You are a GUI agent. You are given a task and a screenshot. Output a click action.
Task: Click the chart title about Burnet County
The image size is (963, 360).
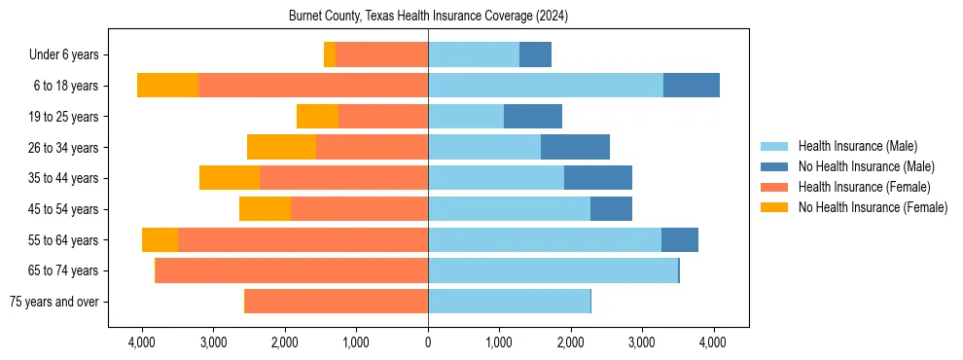coord(428,17)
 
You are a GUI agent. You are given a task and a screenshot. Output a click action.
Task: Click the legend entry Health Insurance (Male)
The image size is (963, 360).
coord(857,146)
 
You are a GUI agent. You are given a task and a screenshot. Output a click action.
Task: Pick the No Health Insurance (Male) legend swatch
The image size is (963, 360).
coord(775,166)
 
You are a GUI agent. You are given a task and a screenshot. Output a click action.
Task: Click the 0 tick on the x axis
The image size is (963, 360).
coord(428,342)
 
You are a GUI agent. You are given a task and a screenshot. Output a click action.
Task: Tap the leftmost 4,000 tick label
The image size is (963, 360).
coord(142,342)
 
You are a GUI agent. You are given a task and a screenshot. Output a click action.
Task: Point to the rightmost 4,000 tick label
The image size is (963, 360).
coord(713,342)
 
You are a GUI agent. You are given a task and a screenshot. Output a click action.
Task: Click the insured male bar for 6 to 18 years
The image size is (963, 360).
coord(546,86)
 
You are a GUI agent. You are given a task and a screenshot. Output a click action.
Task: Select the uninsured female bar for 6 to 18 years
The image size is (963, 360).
coord(167,86)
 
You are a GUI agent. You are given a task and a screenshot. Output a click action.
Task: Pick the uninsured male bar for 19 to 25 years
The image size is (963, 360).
coord(533,117)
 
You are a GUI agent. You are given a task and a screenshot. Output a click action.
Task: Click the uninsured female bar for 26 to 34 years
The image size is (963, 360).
coord(281,147)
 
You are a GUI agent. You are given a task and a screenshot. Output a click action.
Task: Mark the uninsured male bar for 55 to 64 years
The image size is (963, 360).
coord(680,239)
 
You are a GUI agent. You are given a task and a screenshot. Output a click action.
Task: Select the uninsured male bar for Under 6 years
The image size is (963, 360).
coord(535,55)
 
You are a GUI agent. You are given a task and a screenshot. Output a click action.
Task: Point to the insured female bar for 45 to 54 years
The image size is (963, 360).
coord(360,209)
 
